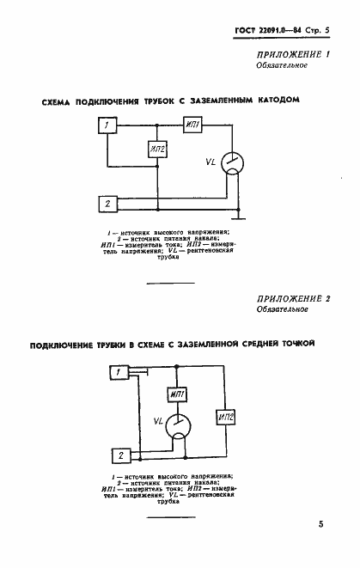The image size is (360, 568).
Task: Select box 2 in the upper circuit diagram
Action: point(107,204)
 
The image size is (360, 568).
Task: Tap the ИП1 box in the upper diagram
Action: point(192,127)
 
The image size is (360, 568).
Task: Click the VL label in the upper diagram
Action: point(209,160)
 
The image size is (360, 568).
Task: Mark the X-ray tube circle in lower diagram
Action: point(178,424)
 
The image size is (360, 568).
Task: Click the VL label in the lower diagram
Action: point(157,422)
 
